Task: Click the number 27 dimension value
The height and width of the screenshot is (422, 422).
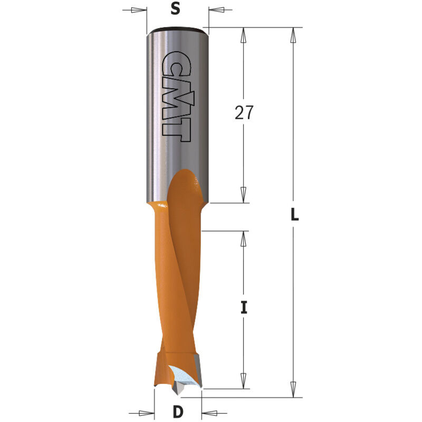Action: tap(244, 112)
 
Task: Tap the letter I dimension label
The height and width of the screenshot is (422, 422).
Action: tap(244, 308)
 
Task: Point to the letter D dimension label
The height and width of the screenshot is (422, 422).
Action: tap(178, 411)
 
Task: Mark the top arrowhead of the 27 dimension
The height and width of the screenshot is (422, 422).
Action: tap(244, 35)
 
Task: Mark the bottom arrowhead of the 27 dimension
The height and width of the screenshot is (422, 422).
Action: tap(244, 195)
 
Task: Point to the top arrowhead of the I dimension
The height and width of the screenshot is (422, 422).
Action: tap(244, 238)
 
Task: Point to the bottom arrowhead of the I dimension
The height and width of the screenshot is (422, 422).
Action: tap(244, 381)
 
